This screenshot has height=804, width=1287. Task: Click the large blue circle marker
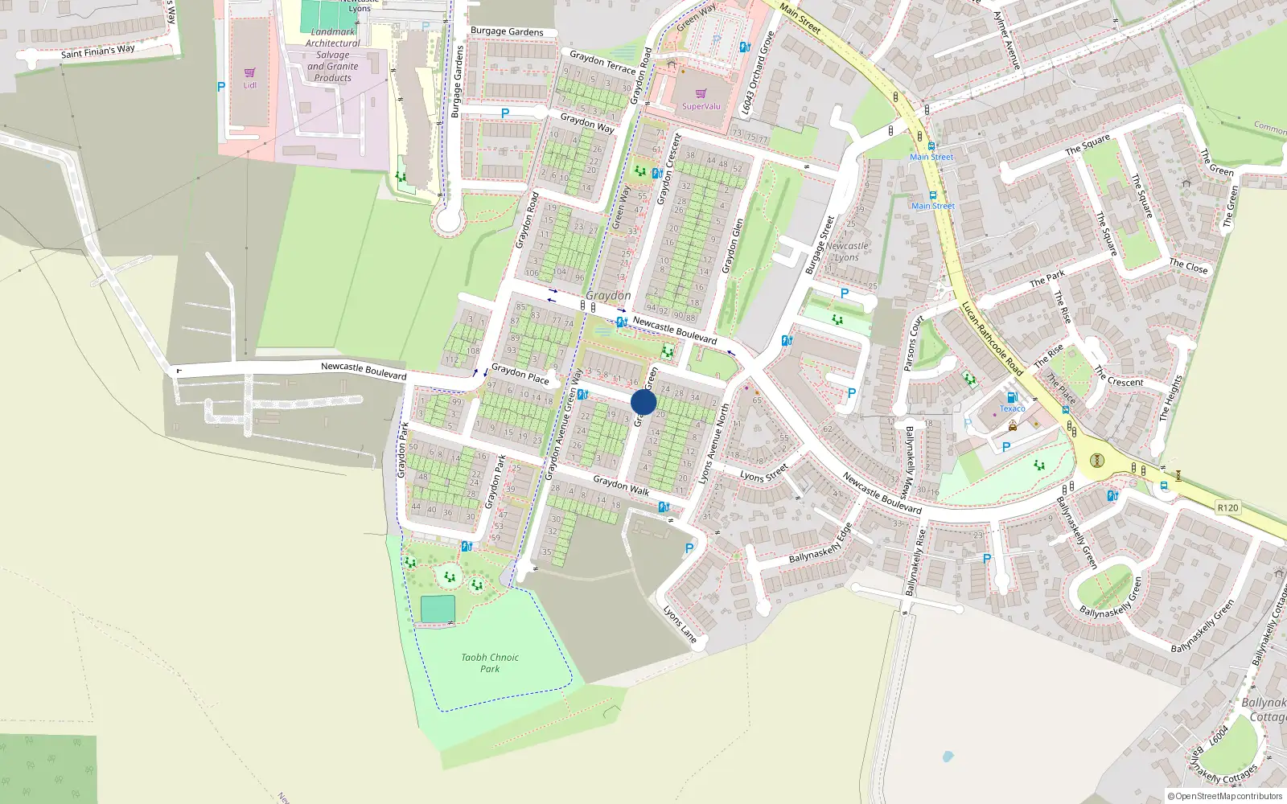[643, 402]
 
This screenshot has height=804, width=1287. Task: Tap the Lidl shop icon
[249, 73]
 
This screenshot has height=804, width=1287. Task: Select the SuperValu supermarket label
[701, 106]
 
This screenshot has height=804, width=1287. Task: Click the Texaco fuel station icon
[1012, 397]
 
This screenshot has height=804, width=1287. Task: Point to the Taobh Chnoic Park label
[489, 662]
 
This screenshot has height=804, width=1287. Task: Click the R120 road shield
[1227, 507]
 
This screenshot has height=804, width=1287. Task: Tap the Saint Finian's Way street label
[98, 51]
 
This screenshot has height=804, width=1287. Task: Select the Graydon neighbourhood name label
[608, 296]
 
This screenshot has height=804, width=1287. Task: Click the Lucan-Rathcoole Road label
[992, 338]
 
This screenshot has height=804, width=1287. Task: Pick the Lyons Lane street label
[680, 624]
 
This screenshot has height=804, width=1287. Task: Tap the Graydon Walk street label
[621, 485]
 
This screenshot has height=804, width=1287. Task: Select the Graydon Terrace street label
[602, 62]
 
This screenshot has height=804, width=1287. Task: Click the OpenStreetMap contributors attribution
[1224, 796]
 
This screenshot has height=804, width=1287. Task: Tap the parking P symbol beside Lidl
[221, 87]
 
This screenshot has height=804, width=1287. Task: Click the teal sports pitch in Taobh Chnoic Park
[438, 609]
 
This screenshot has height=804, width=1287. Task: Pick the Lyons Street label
[764, 473]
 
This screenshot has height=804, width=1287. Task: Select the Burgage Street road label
[820, 244]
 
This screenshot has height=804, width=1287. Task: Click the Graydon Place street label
[520, 374]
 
